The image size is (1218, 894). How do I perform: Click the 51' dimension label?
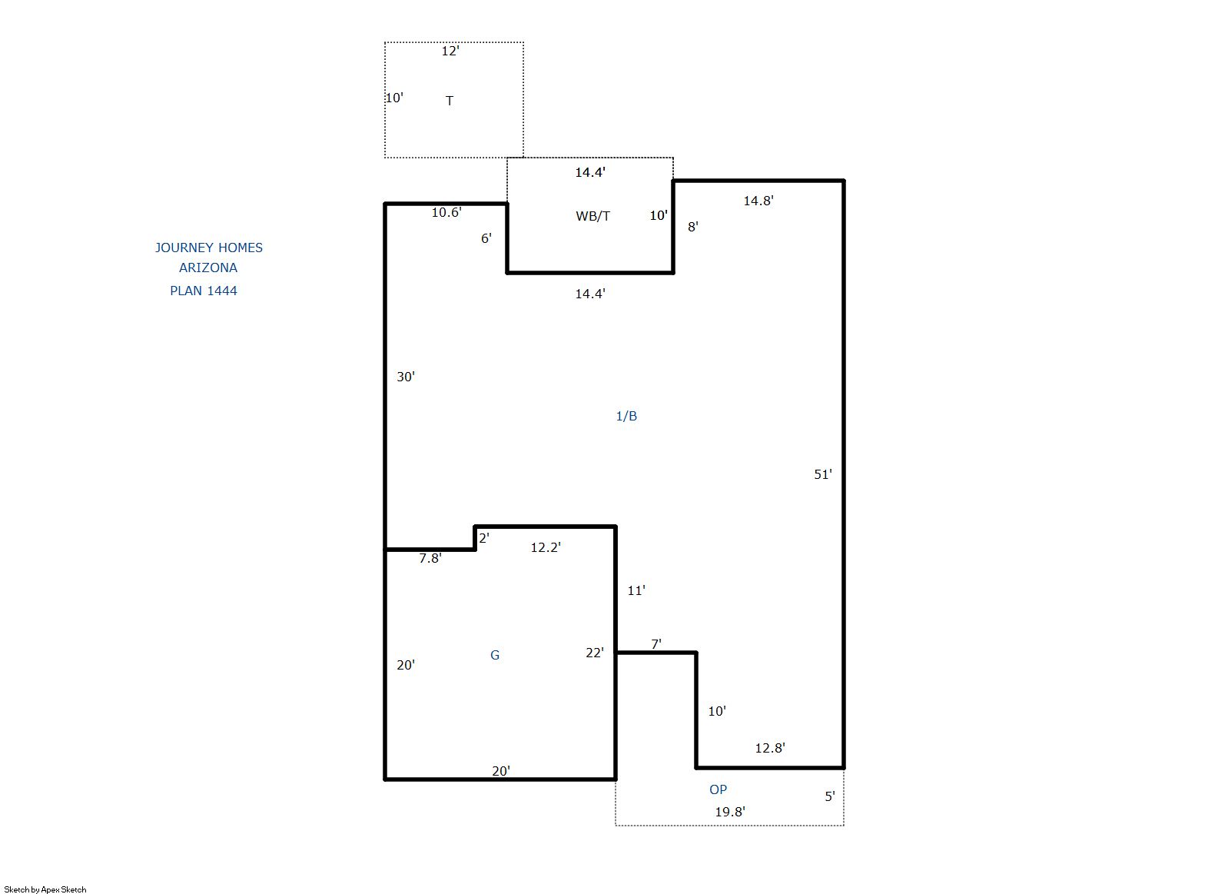(823, 474)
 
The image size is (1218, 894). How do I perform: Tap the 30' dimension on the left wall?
(406, 377)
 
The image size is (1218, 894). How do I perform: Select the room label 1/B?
(626, 416)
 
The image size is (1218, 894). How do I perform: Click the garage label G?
(495, 655)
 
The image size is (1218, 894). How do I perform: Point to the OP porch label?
(718, 789)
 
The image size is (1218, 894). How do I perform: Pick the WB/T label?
(592, 216)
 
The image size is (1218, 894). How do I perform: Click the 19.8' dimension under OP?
(730, 812)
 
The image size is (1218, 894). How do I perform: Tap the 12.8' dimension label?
(770, 748)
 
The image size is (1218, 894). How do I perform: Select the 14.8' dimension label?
(758, 201)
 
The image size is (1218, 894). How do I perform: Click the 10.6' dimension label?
(446, 212)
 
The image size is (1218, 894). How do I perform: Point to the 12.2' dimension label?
(546, 547)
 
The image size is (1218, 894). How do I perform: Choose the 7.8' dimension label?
(430, 558)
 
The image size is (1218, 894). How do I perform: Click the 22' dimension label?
(594, 653)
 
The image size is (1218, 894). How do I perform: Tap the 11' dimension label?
(636, 590)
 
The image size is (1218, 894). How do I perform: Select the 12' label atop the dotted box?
(450, 51)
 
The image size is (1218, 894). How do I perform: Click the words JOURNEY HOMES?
(209, 248)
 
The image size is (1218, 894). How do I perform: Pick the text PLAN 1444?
(204, 291)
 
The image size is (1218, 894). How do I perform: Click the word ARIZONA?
(208, 268)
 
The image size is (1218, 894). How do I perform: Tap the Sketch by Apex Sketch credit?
(45, 889)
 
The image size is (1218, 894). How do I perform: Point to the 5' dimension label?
(830, 796)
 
